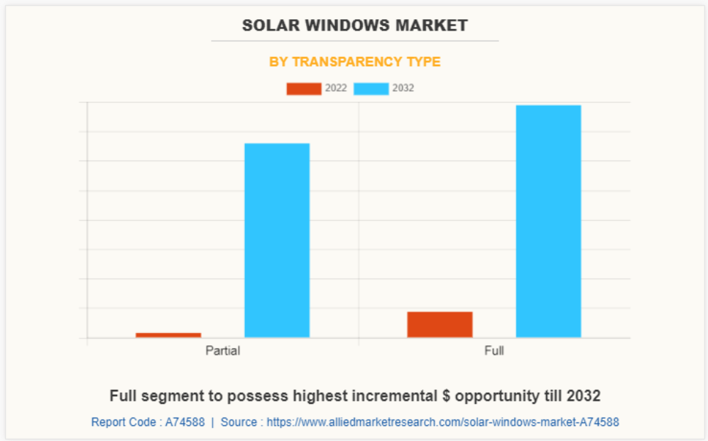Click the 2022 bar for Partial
(168, 334)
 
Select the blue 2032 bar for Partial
(277, 240)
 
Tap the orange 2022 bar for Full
(440, 325)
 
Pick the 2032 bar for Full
(548, 221)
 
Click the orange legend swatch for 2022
(303, 89)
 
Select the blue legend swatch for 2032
(371, 89)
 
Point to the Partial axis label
(222, 351)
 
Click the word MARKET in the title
(434, 26)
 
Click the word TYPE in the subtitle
(423, 62)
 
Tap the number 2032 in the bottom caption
(584, 396)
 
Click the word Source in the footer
(238, 422)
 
